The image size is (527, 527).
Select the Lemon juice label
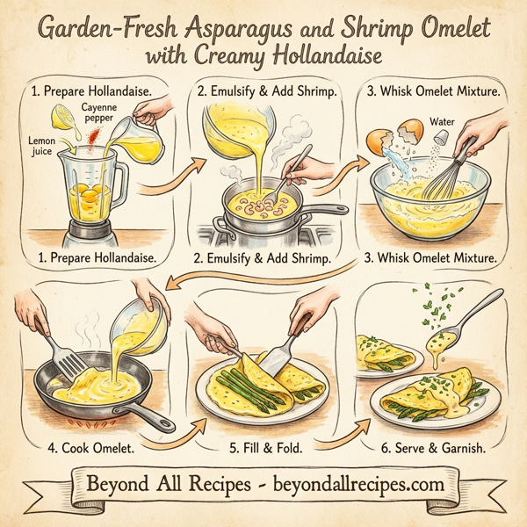(40, 145)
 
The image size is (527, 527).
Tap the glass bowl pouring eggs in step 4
(141, 321)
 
